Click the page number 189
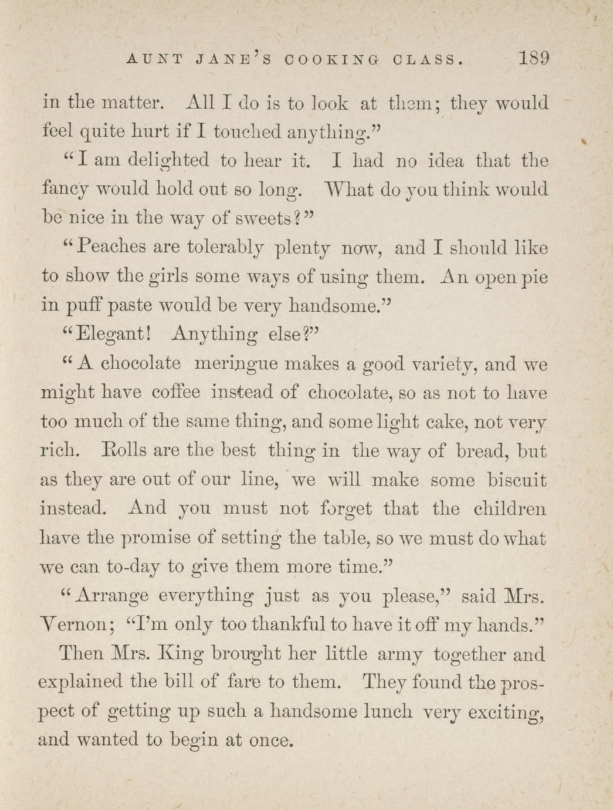tap(533, 59)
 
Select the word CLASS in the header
tap(427, 60)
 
